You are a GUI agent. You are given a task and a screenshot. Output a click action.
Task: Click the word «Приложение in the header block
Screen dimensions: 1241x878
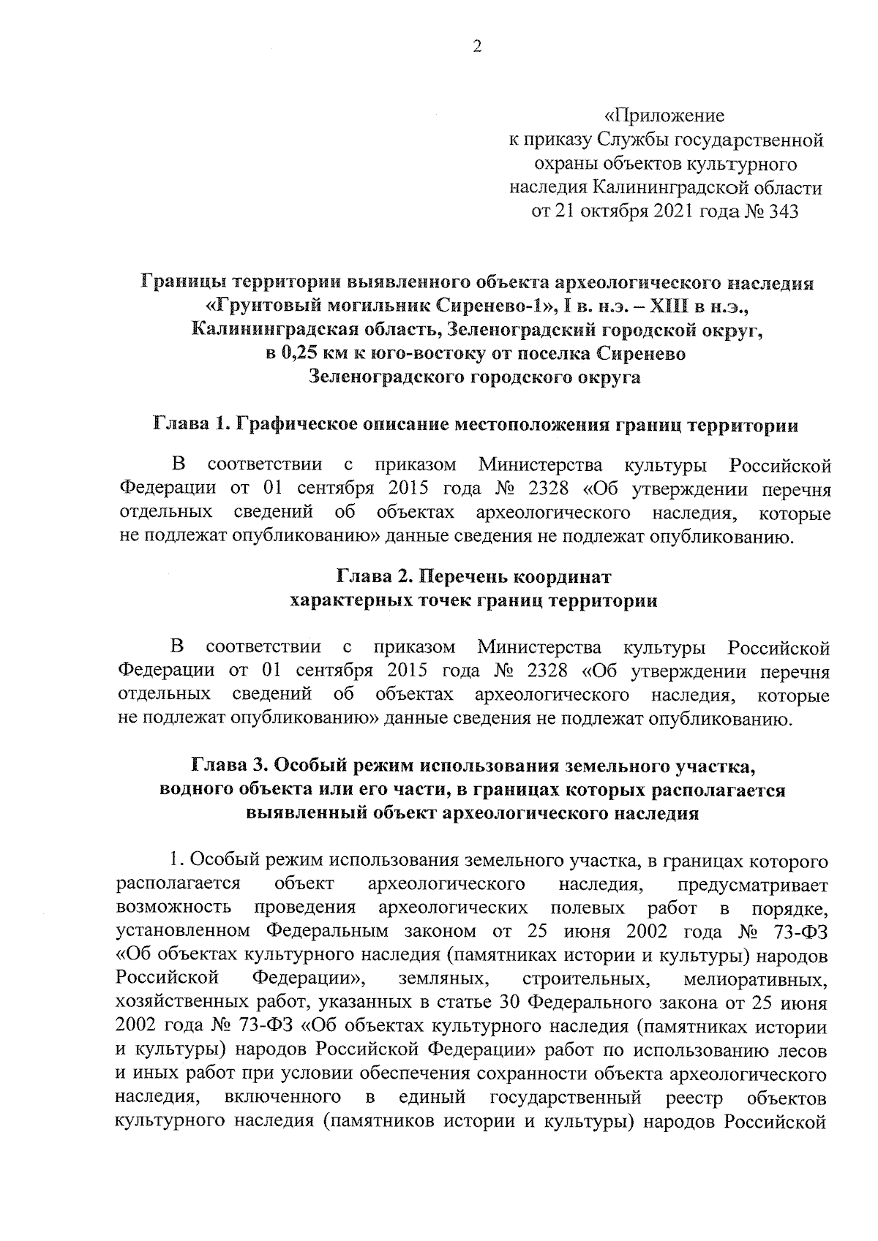pos(665,116)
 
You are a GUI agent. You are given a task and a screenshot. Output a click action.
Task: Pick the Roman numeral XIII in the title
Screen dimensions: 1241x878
pos(667,306)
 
